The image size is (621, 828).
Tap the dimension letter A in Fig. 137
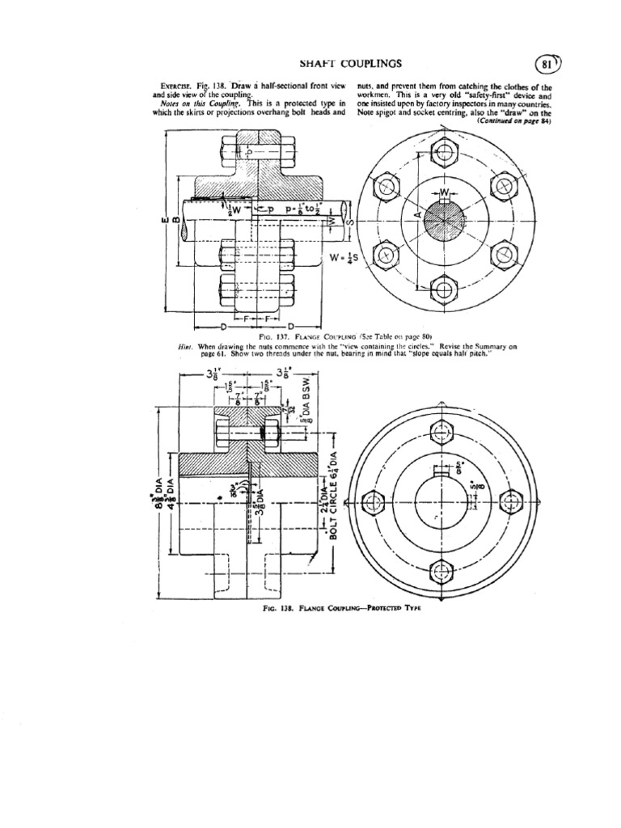[417, 217]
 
